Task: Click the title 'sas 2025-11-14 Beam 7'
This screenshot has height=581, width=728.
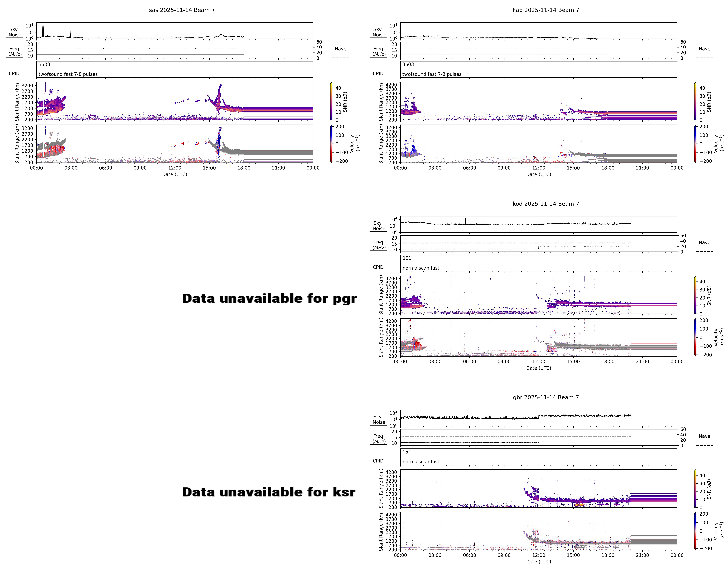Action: click(x=182, y=10)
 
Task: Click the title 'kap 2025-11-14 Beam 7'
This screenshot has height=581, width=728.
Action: click(x=546, y=10)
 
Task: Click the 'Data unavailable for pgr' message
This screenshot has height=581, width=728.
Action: click(x=269, y=299)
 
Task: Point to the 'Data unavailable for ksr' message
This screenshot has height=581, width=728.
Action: click(x=268, y=492)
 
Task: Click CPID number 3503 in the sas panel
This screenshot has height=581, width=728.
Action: click(x=44, y=65)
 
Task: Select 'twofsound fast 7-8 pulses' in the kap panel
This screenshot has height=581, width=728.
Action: click(x=432, y=74)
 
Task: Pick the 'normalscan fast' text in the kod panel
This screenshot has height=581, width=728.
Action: click(x=421, y=268)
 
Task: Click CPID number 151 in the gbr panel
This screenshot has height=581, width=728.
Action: click(x=407, y=452)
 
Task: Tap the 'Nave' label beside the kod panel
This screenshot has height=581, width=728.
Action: click(x=704, y=243)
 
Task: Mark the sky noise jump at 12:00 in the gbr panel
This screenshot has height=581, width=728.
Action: click(x=539, y=416)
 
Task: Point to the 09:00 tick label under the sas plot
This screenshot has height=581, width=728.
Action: click(x=140, y=168)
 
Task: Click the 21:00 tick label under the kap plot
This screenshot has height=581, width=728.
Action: click(x=642, y=168)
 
